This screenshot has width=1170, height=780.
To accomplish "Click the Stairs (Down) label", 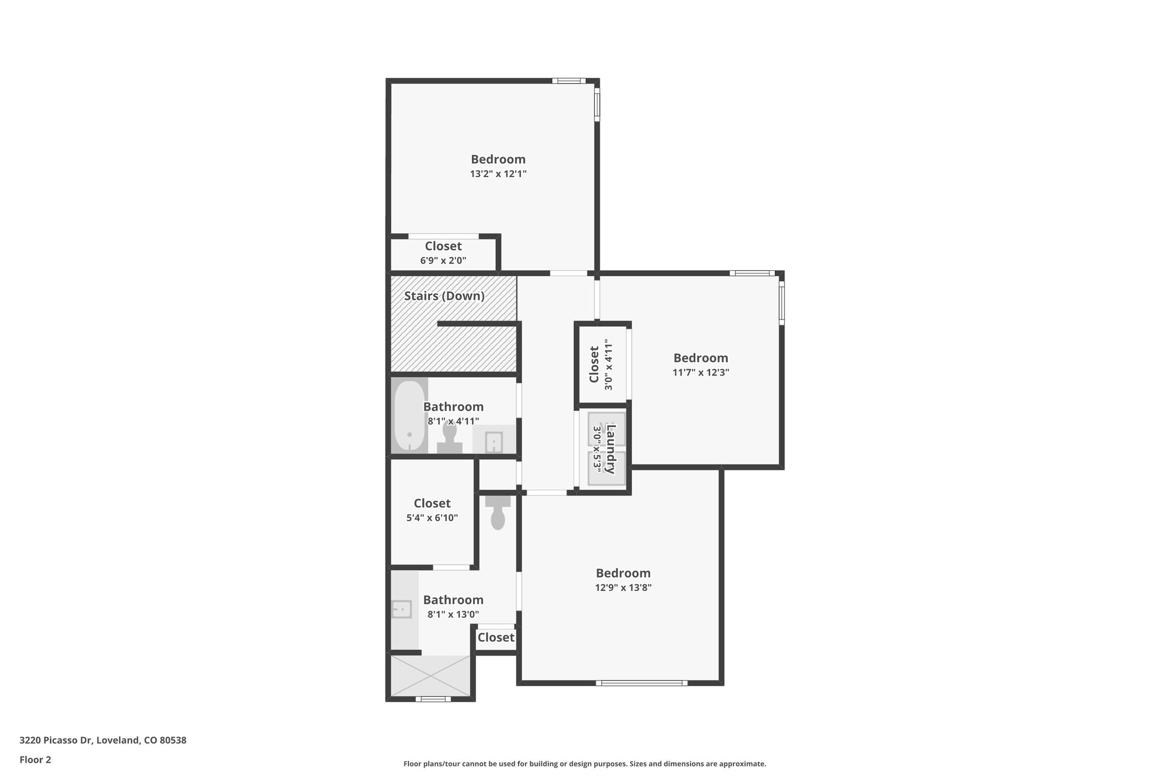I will click(x=444, y=296).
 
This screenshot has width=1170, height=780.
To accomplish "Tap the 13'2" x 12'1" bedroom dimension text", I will click(x=498, y=174).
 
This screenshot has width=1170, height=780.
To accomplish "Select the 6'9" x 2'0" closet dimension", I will click(x=443, y=261).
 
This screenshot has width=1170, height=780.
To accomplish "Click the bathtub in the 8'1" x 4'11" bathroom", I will click(x=410, y=416).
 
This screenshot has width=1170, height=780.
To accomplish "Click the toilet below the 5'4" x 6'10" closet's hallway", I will click(x=498, y=512).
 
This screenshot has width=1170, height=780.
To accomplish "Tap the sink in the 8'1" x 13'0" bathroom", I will click(x=402, y=609).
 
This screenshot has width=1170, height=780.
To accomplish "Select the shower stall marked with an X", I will click(x=431, y=675).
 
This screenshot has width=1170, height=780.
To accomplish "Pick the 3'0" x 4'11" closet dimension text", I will click(x=608, y=366).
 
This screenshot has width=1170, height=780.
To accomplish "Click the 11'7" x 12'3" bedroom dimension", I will click(x=700, y=373).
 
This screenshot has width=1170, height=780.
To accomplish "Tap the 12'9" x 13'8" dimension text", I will click(x=623, y=587).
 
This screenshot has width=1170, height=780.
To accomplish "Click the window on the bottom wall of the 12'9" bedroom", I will click(x=641, y=682).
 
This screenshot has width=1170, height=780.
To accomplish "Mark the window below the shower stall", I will click(x=432, y=698).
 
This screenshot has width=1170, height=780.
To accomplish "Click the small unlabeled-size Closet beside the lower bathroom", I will click(x=495, y=637).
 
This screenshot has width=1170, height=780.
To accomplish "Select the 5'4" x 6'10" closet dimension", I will click(x=432, y=518).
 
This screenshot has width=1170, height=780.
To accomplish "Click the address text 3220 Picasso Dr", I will click(x=103, y=741).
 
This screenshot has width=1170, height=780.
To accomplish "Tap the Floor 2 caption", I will click(x=35, y=759).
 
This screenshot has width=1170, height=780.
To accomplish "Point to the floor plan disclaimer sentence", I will click(x=584, y=763).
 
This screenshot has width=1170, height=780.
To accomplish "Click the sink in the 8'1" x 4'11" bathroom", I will click(x=494, y=442).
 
